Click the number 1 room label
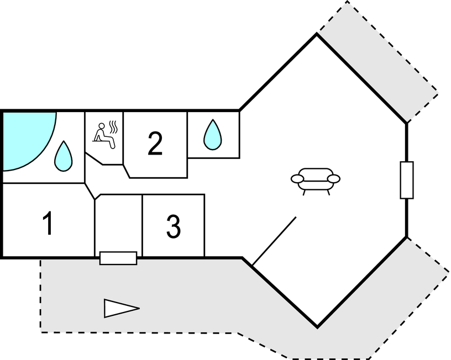click(48, 224)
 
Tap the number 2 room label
click(155, 144)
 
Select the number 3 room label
click(174, 226)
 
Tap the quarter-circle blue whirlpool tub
click(25, 135)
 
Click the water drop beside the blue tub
click(63, 156)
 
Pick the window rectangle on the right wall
click(407, 180)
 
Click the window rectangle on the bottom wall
click(118, 258)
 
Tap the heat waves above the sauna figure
click(114, 127)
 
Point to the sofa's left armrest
click(297, 179)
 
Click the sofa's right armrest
click(334, 179)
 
